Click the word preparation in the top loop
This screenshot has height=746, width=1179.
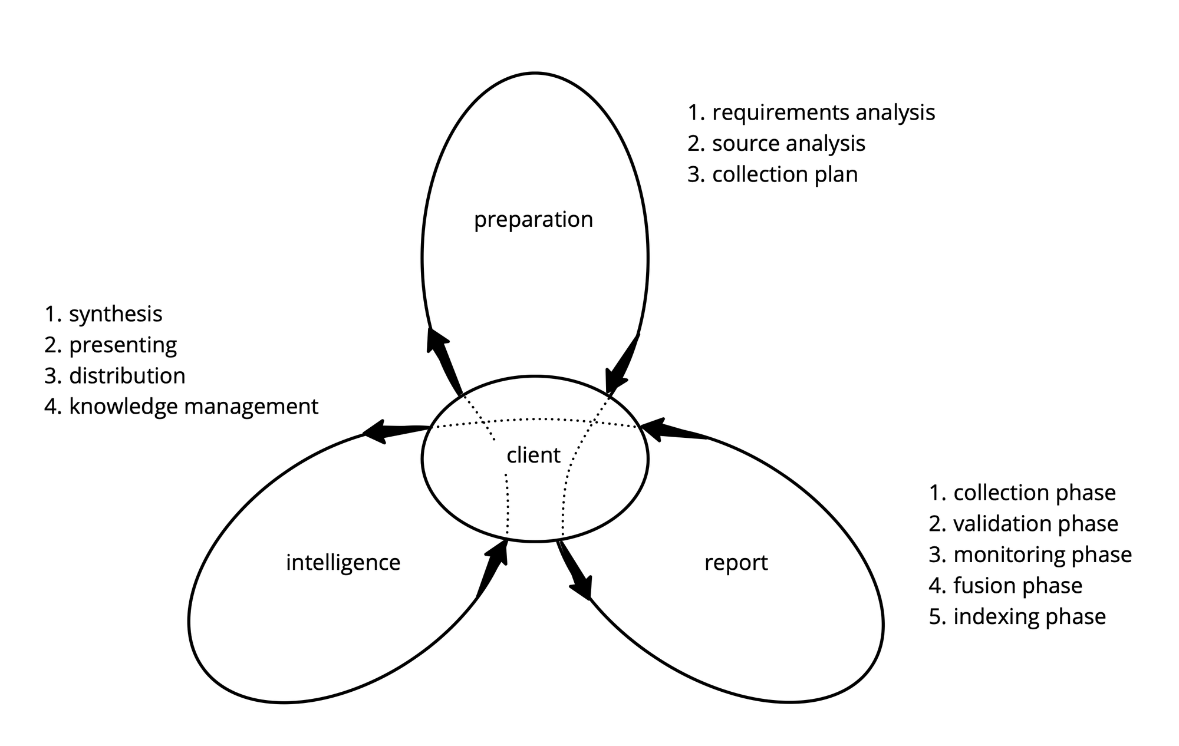pos(533,220)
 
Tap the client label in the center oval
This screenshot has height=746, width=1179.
pos(533,455)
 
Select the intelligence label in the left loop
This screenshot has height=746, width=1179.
pos(342,563)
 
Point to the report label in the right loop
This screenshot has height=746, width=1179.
pos(736,563)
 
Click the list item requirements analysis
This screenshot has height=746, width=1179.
pos(811,113)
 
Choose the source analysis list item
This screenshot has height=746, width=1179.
pos(776,144)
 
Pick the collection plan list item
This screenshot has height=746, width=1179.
pos(772,174)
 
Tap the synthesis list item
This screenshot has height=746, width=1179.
pos(104,314)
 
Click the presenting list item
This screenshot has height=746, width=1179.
pos(111,345)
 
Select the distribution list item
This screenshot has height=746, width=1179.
pos(115,376)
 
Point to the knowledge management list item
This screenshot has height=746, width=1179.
pos(182,407)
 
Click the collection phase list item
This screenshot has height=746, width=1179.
pos(1022,493)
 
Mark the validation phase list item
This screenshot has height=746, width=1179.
pos(1023,524)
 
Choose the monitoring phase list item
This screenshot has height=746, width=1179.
pos(1030,554)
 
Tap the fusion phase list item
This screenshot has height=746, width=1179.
pos(1006,586)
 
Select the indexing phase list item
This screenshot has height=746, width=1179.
pos(1017,616)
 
